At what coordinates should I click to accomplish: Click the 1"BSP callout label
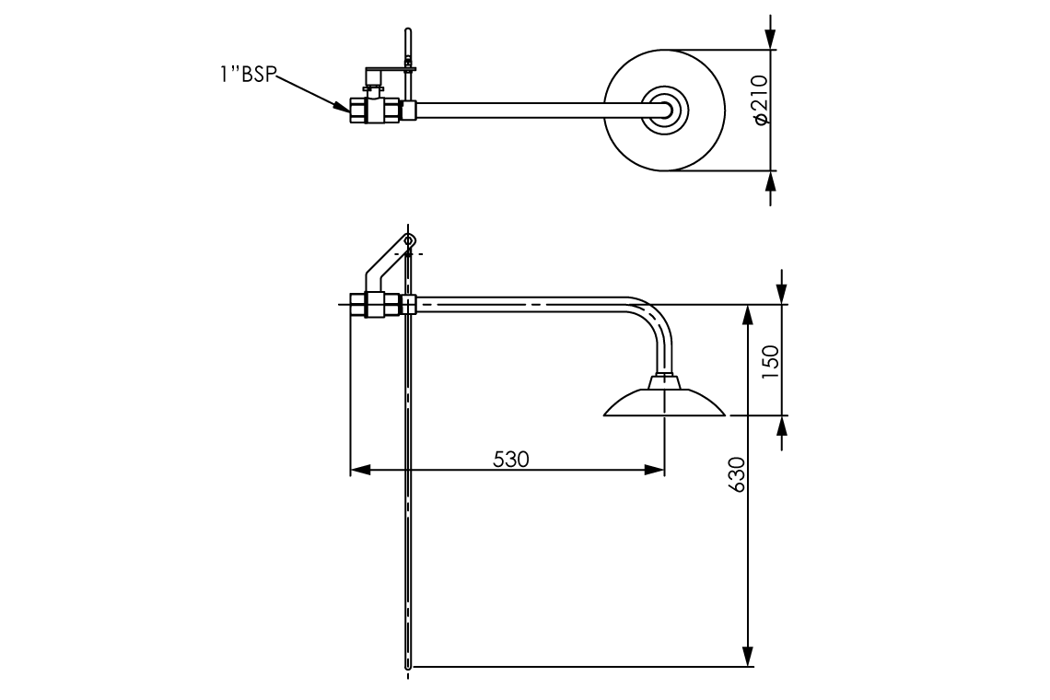pos(247,74)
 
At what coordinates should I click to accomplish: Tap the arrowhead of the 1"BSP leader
pos(342,106)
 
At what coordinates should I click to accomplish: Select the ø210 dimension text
pos(759,99)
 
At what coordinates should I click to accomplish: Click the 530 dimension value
pos(511,460)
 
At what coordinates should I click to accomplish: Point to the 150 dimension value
pos(772,362)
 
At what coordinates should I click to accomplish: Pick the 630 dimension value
pos(736,474)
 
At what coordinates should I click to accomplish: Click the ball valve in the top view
pos(375,111)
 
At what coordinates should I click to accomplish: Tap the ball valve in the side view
pos(375,305)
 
